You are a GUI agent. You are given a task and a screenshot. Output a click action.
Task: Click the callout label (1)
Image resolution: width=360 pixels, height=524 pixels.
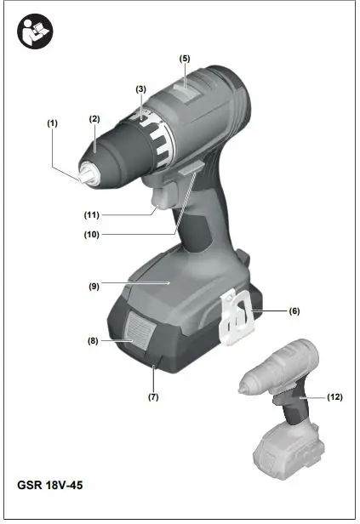pyautogui.click(x=53, y=122)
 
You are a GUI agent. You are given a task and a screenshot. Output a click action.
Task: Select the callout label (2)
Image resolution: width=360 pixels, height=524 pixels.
pyautogui.click(x=95, y=119)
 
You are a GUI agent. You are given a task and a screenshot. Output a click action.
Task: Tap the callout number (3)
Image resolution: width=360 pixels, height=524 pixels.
pyautogui.click(x=141, y=88)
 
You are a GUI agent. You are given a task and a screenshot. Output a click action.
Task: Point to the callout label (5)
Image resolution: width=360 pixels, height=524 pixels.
pyautogui.click(x=184, y=58)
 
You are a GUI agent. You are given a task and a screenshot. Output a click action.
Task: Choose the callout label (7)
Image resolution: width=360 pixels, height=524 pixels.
pyautogui.click(x=153, y=396)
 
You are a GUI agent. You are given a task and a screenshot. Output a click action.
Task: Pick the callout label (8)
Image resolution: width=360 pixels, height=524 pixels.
pyautogui.click(x=93, y=340)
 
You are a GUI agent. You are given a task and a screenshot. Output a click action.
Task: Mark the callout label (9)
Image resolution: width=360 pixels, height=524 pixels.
pyautogui.click(x=94, y=287)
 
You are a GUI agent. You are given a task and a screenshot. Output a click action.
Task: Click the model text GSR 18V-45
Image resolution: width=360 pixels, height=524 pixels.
pyautogui.click(x=49, y=487)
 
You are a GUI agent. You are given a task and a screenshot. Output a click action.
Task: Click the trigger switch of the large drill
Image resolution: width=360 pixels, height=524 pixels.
pyautogui.click(x=159, y=202)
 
